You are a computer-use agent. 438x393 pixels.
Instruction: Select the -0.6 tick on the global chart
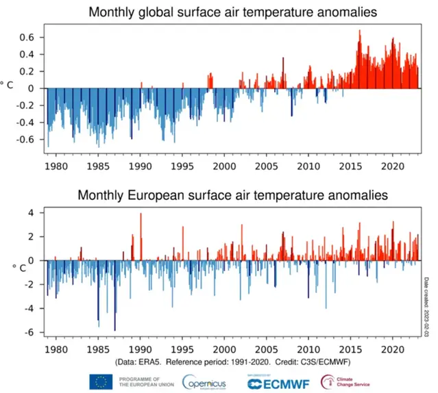(x=28, y=140)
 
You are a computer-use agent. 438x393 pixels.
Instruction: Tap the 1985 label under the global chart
(x=98, y=166)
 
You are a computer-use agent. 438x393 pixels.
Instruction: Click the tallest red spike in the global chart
(x=359, y=31)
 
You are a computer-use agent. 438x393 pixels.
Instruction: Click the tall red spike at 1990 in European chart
(x=141, y=215)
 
